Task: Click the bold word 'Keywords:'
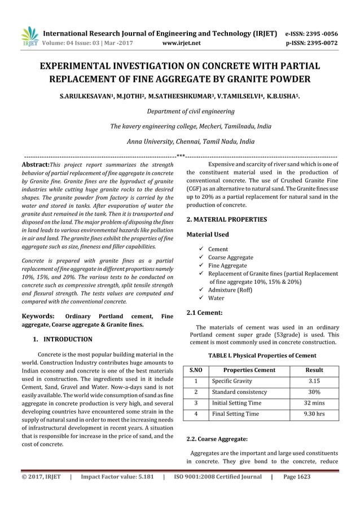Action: coord(38,317)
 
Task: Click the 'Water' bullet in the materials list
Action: coord(216,298)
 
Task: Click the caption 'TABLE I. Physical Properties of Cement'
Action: coord(262,356)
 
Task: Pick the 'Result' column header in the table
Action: coord(314,370)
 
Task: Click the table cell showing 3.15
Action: coord(314,381)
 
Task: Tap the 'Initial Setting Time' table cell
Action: coord(236,403)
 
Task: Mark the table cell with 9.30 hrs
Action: coord(314,414)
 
